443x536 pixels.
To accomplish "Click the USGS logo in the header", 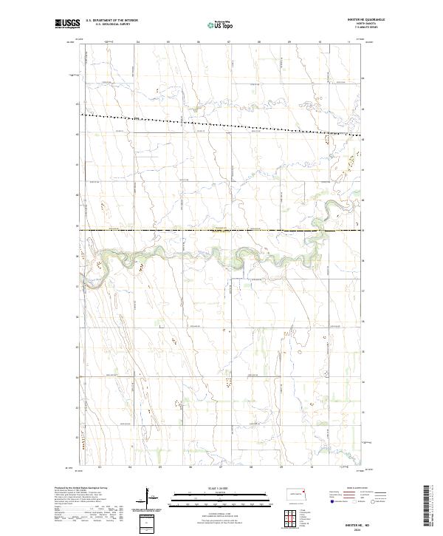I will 67,24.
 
